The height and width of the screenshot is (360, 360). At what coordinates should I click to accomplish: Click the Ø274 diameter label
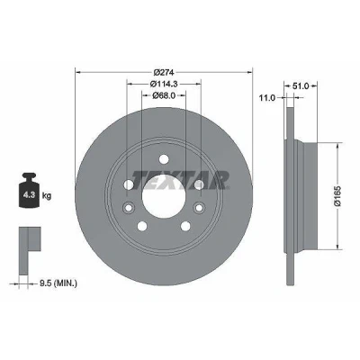(164, 72)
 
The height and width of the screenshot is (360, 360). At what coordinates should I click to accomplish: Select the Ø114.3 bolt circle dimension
(164, 84)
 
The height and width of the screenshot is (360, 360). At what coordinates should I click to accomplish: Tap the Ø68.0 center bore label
(164, 95)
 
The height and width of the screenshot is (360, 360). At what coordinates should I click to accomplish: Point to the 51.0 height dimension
(301, 86)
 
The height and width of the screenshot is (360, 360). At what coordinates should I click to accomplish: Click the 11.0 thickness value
(267, 98)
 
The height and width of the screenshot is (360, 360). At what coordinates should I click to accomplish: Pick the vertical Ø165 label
(337, 196)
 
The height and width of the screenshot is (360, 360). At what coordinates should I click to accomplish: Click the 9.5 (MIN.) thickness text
(58, 283)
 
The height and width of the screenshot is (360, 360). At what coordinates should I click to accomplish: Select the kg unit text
(47, 196)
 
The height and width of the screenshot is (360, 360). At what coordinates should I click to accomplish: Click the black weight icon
(29, 190)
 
